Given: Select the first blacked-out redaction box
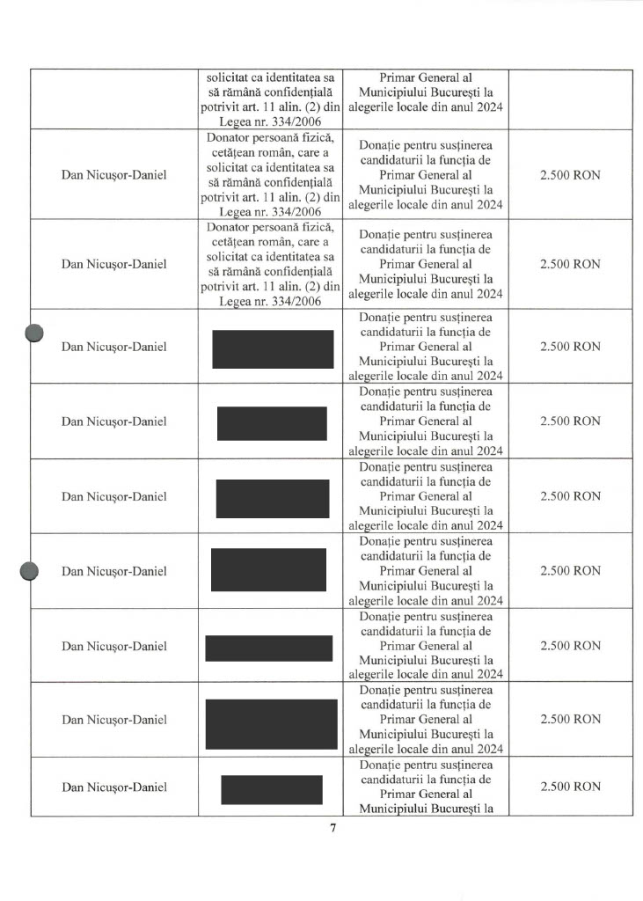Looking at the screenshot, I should click(x=273, y=348).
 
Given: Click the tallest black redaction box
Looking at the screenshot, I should click(x=271, y=723).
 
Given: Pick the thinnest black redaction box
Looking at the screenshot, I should click(x=268, y=648).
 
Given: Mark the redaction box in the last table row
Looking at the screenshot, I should click(x=271, y=788).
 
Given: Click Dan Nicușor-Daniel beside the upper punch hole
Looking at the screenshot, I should click(x=113, y=347).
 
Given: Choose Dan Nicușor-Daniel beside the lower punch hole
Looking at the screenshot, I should click(x=113, y=571).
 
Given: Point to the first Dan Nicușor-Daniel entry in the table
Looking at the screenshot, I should click(x=113, y=175).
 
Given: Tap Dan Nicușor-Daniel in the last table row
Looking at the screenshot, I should click(x=113, y=787).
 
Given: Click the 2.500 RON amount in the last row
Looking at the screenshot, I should click(x=569, y=787).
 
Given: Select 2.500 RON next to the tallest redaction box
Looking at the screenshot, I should click(x=569, y=720).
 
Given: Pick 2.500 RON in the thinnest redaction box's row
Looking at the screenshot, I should click(x=569, y=646).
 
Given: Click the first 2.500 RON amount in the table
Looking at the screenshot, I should click(x=569, y=175).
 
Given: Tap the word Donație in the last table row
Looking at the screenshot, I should click(x=381, y=765).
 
